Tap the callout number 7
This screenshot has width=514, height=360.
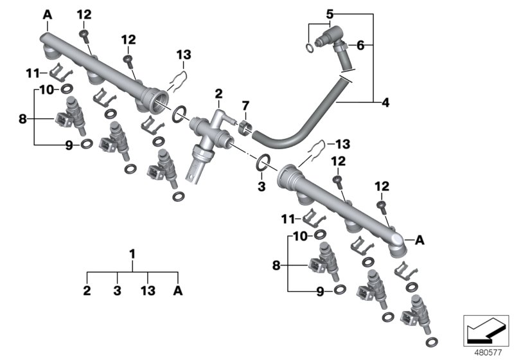pyautogui.click(x=244, y=105)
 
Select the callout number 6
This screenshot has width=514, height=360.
pyautogui.click(x=360, y=45)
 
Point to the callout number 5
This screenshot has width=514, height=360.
pyautogui.click(x=329, y=14)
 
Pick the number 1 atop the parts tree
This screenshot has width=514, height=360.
pyautogui.click(x=132, y=255)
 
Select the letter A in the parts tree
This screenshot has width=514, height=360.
pyautogui.click(x=178, y=291)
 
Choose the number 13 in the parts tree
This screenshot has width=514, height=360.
pyautogui.click(x=148, y=291)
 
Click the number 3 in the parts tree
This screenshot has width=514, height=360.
pyautogui.click(x=118, y=291)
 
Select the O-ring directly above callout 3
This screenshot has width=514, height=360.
pyautogui.click(x=263, y=164)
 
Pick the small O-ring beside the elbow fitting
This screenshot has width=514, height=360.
pyautogui.click(x=311, y=48)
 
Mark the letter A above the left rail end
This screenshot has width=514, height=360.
pyautogui.click(x=48, y=14)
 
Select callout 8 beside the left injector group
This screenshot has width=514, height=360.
pyautogui.click(x=22, y=118)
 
